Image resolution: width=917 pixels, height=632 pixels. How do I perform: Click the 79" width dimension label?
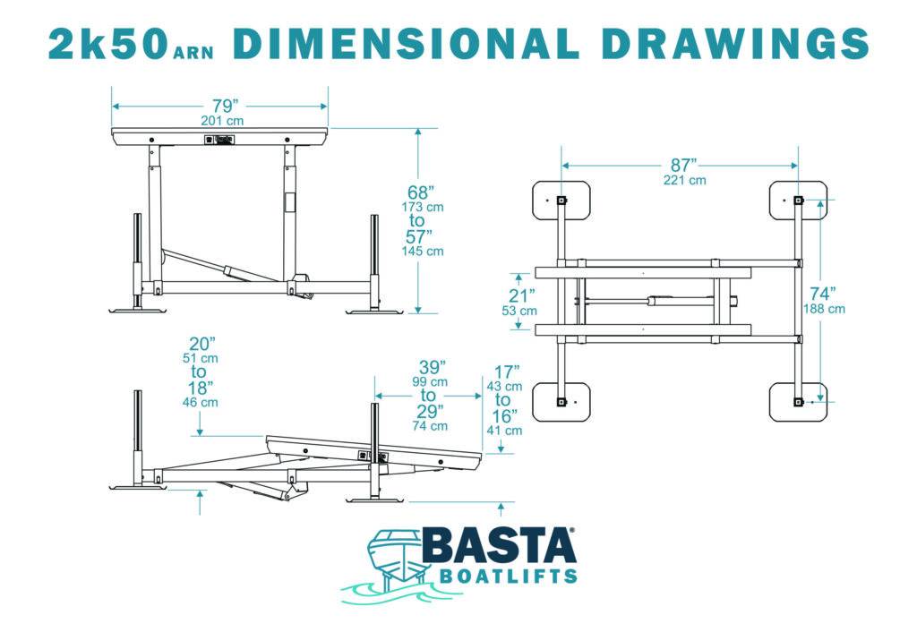click(x=225, y=106)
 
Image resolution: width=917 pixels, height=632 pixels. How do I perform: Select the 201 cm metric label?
click(x=222, y=121)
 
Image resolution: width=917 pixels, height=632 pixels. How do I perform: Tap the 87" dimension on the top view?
click(x=683, y=165)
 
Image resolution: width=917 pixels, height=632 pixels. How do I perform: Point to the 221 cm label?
click(x=684, y=180)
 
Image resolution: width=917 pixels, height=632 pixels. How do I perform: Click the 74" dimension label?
click(x=822, y=294)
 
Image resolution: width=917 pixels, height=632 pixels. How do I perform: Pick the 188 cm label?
click(x=824, y=309)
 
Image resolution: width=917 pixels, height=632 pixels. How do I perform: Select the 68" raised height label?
click(x=421, y=192)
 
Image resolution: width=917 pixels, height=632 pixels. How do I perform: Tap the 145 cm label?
click(x=423, y=252)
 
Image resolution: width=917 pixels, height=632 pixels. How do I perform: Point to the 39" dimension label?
click(x=433, y=367)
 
